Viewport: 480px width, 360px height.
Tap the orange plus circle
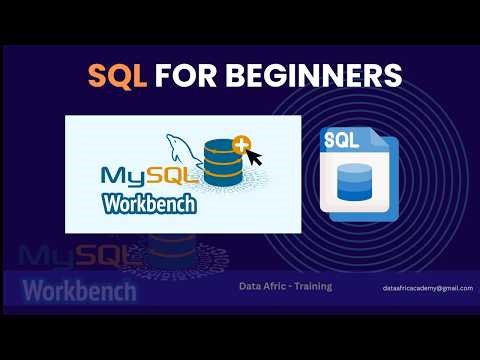pos(241,146)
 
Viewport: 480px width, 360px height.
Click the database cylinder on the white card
pos(221,164)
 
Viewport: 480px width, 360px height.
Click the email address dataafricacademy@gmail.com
pos(427,288)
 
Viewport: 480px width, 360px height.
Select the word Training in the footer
pos(313,286)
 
